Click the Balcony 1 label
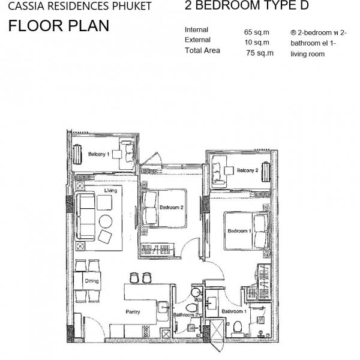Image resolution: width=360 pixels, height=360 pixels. [x=99, y=154]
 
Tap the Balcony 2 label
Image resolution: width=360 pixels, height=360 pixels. [x=247, y=170]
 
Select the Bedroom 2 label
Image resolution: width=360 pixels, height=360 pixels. [x=172, y=208]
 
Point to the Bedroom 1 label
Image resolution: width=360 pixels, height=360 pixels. [x=239, y=231]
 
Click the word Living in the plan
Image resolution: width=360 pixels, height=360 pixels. [x=110, y=191]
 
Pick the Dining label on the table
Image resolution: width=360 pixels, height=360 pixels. [x=92, y=281]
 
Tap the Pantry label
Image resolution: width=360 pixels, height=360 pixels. [x=133, y=312]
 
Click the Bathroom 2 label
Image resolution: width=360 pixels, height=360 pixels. [x=186, y=315]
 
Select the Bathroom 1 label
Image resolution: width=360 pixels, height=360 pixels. [x=234, y=311]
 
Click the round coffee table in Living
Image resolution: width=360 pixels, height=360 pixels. [x=106, y=221]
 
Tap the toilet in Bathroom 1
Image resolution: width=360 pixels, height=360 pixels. [x=238, y=328]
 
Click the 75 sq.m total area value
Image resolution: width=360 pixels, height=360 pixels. [x=260, y=53]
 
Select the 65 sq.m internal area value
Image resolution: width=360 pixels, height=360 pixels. [x=256, y=32]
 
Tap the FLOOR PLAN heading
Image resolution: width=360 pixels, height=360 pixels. [x=59, y=25]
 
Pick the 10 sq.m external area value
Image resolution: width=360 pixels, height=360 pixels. [x=257, y=42]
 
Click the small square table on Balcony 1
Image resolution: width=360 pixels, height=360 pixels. [x=117, y=154]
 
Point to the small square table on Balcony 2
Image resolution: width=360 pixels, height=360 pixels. [x=229, y=170]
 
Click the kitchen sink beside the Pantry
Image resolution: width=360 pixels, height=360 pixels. [x=163, y=307]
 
